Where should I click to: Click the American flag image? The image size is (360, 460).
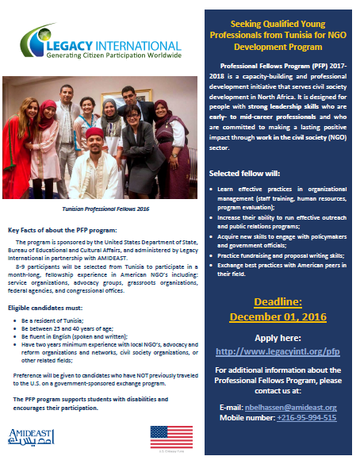pos(171,437)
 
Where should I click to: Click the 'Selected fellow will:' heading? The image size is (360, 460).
pos(243,173)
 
